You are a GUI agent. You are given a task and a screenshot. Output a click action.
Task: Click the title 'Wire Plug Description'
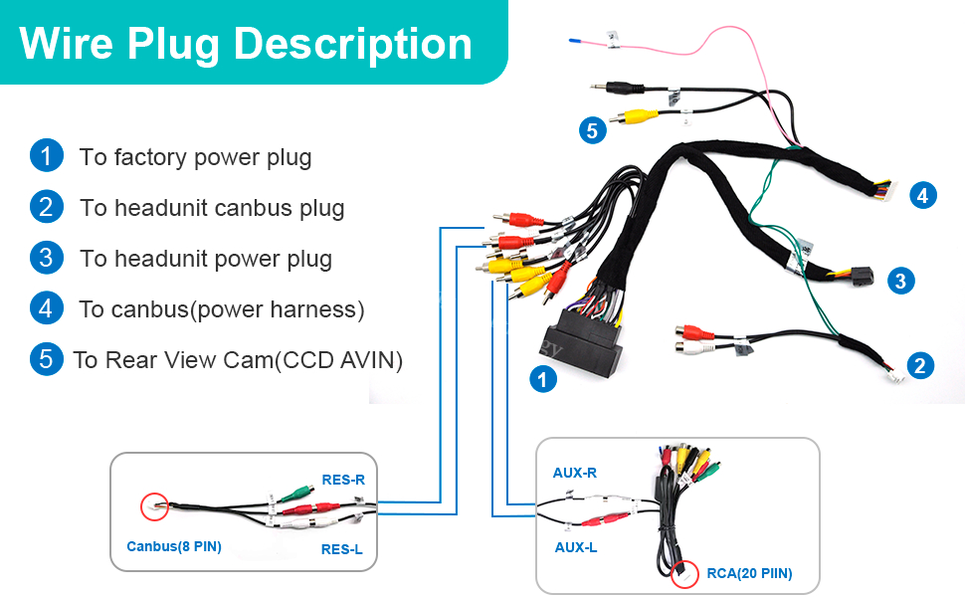pos(245,44)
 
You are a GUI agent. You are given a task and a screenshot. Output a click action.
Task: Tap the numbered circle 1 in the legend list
pos(46,156)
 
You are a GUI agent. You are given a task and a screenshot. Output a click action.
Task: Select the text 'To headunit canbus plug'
pos(212,208)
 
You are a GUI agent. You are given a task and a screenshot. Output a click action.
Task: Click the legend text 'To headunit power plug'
pos(206,259)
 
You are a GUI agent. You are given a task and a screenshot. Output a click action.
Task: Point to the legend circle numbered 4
pos(46,308)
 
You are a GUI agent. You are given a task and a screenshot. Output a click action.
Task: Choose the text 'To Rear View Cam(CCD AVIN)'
pos(238,360)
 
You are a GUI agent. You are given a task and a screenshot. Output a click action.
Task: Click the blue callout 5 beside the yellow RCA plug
pos(593,130)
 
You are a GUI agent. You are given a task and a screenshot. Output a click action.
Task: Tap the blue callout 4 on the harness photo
pos(922,195)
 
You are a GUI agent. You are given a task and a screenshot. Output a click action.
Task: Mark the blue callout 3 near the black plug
pos(900,281)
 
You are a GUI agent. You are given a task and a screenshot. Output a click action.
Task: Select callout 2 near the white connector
pos(920,365)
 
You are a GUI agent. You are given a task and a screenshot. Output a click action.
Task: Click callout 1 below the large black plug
pos(542,378)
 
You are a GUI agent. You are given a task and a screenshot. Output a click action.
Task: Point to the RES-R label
pos(343,479)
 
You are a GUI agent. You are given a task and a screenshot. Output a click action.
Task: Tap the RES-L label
pos(341,548)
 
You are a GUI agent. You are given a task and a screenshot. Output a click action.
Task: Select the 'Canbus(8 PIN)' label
pos(174,546)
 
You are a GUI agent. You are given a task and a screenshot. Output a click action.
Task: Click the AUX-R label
pos(575,473)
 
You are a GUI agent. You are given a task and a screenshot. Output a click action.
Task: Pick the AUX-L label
pos(574,547)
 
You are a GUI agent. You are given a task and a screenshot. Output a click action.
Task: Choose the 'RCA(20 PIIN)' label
pos(749,572)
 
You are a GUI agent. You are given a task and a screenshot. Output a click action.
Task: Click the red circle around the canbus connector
pos(154,507)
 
